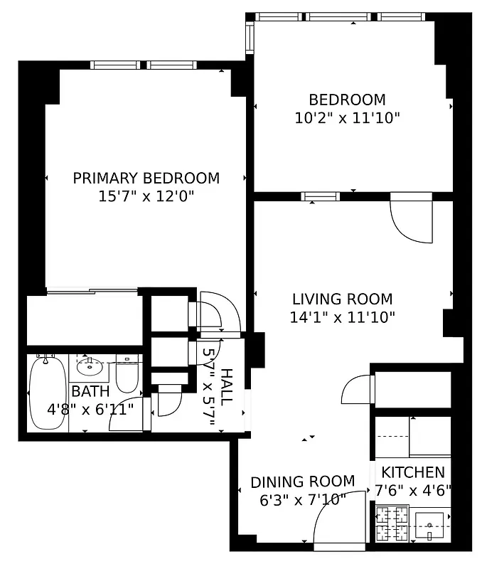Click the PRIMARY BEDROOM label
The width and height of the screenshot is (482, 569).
point(146,178)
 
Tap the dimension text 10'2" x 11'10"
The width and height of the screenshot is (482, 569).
point(347,118)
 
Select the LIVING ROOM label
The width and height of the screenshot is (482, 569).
point(343,299)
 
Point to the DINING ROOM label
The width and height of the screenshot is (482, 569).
point(302,482)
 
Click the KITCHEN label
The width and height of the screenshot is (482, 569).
point(413,472)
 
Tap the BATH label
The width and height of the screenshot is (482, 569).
point(90,391)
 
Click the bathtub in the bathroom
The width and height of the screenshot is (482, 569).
point(48,393)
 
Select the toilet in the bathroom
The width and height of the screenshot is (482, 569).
point(127,376)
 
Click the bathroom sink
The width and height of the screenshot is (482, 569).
point(90,368)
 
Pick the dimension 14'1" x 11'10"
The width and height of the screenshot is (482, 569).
point(343,317)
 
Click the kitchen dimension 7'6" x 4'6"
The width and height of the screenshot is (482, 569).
point(413,489)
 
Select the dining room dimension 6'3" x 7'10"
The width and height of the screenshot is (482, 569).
point(302,500)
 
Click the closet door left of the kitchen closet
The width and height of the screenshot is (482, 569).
point(357,390)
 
